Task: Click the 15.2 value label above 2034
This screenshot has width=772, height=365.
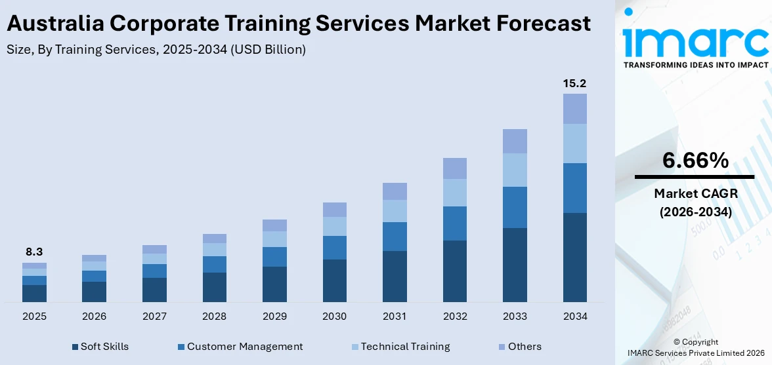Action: tap(574, 83)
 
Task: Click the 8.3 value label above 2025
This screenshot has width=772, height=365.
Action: tap(34, 252)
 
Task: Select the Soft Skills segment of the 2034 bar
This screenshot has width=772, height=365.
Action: tap(574, 257)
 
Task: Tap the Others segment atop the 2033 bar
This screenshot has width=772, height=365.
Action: tap(515, 141)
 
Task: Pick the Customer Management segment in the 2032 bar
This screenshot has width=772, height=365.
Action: tap(454, 223)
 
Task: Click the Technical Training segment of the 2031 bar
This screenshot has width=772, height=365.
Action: tap(395, 210)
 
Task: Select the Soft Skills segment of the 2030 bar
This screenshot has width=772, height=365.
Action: tap(334, 280)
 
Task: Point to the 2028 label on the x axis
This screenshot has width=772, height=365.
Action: tap(214, 317)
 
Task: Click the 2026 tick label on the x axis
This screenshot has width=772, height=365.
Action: tap(94, 317)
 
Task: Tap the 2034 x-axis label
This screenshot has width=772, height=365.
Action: tap(574, 317)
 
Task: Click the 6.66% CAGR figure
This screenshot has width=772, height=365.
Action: tap(695, 161)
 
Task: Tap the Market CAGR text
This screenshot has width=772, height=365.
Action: tap(695, 193)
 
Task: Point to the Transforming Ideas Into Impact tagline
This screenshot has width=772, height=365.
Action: tap(695, 65)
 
